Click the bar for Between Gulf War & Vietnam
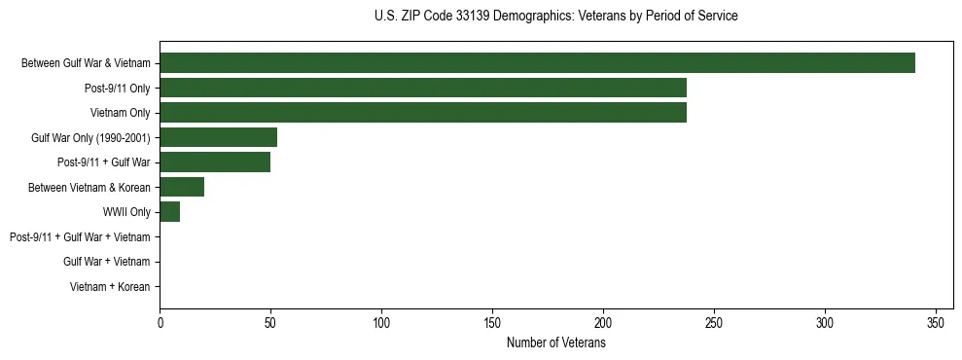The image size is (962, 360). [x=537, y=63]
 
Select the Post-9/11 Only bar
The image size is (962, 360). [x=423, y=88]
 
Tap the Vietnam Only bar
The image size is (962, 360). [x=423, y=113]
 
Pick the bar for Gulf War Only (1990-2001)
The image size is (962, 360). [x=219, y=137]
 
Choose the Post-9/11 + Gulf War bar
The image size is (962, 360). [x=215, y=162]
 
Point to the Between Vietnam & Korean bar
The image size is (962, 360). [x=182, y=187]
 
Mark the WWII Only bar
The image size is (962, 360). [x=170, y=212]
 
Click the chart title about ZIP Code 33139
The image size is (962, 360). [x=555, y=17]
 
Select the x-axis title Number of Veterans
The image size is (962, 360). [x=555, y=343]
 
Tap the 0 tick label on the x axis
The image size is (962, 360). [x=160, y=322]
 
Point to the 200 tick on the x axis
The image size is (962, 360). [x=603, y=322]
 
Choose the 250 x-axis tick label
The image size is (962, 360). [x=714, y=322]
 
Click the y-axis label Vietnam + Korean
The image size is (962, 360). [x=110, y=287]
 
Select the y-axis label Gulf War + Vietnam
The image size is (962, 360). [x=107, y=262]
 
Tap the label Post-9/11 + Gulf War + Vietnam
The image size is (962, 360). [x=80, y=237]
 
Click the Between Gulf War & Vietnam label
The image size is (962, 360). [x=86, y=63]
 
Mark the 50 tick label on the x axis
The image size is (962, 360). [x=270, y=322]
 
